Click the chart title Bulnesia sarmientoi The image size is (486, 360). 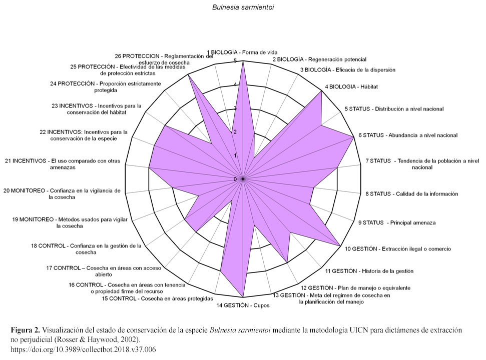[243, 7]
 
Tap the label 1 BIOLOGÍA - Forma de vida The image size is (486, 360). [242, 52]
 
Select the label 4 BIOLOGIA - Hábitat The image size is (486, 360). [351, 86]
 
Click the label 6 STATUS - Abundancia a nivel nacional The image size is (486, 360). [408, 135]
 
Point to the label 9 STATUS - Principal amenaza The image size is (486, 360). [397, 222]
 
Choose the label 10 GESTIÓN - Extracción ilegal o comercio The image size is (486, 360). [398, 249]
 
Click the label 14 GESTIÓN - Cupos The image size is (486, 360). [243, 305]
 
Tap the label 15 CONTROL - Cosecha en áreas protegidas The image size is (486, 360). [158, 298]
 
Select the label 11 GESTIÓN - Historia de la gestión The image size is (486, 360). [369, 271]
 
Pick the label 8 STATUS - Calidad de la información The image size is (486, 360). [411, 194]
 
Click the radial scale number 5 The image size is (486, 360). [235, 60]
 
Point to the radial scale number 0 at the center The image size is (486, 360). [235, 179]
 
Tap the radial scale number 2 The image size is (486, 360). [235, 132]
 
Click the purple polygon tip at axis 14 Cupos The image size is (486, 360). [243, 297]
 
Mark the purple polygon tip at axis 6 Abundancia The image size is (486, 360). [354, 136]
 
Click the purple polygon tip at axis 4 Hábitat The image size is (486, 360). [321, 91]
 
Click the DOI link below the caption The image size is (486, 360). [83, 350]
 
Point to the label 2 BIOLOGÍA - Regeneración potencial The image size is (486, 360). [319, 59]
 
